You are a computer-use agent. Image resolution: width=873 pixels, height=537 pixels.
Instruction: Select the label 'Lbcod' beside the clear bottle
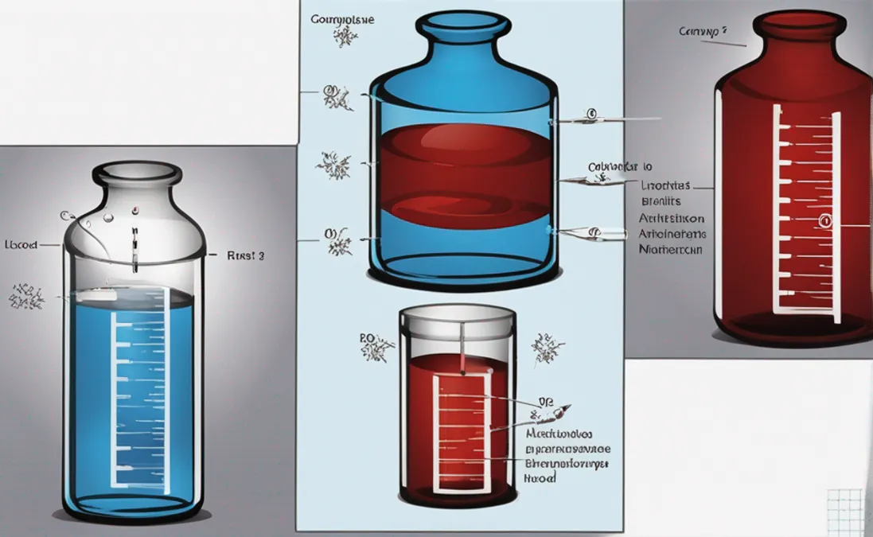tap(21, 245)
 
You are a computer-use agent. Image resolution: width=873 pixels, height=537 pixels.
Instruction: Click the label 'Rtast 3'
tap(247, 256)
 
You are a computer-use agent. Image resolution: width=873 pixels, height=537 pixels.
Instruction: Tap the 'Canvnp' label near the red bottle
tap(703, 31)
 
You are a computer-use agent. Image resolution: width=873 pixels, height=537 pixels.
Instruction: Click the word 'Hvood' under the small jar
tap(540, 477)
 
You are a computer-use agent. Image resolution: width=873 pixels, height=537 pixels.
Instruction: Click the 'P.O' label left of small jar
tap(366, 338)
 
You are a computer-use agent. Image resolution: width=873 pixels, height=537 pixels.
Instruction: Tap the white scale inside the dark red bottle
tap(807, 215)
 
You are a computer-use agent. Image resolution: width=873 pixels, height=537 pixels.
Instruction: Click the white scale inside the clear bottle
tap(139, 398)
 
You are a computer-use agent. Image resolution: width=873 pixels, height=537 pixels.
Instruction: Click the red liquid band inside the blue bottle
tap(466, 171)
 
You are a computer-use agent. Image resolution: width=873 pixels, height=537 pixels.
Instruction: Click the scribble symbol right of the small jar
tap(548, 348)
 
